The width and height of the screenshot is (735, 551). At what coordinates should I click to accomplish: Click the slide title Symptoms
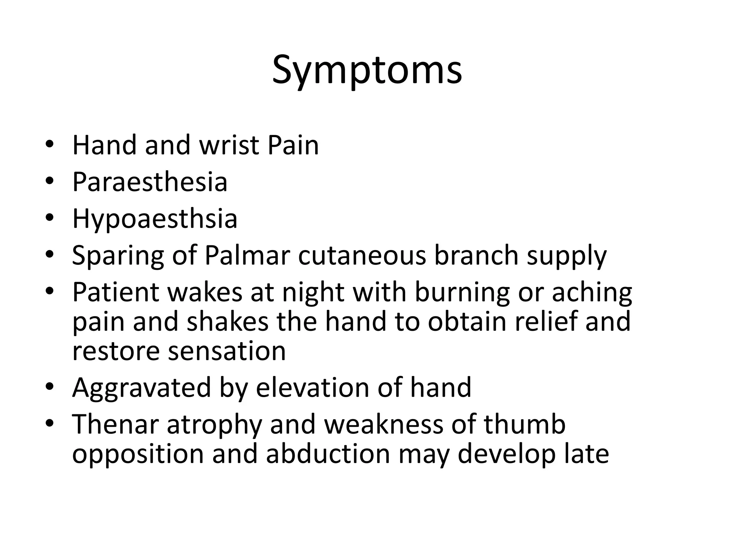click(367, 70)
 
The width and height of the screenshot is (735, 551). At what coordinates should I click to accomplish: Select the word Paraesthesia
click(150, 182)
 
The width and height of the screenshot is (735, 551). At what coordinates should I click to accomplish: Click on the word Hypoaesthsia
click(155, 219)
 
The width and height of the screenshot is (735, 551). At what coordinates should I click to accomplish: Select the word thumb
click(524, 424)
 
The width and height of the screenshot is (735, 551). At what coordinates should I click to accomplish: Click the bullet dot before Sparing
click(50, 254)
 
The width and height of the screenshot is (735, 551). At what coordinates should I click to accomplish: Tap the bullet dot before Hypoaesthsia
click(50, 218)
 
